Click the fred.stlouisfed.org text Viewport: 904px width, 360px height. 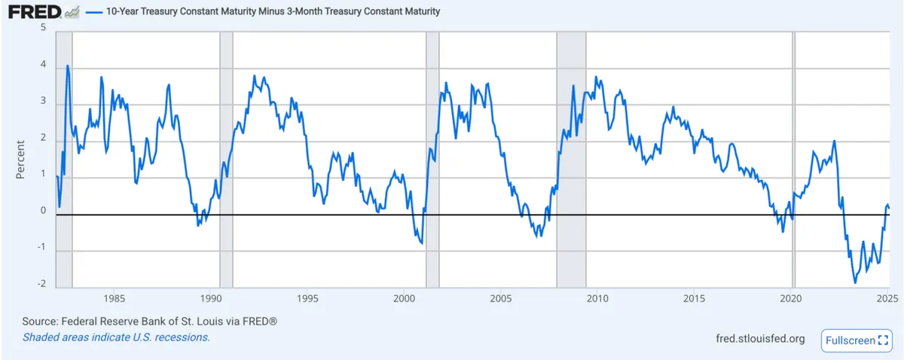pos(760,339)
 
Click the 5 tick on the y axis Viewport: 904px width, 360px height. pos(43,27)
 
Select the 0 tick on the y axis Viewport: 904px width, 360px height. pos(43,211)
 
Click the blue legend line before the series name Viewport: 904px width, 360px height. pos(93,13)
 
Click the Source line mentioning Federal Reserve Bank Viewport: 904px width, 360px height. pos(150,322)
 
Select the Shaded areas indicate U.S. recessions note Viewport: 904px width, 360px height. pos(116,337)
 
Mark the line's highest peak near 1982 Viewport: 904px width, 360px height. pos(68,66)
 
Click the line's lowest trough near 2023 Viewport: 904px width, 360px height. pos(855,282)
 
